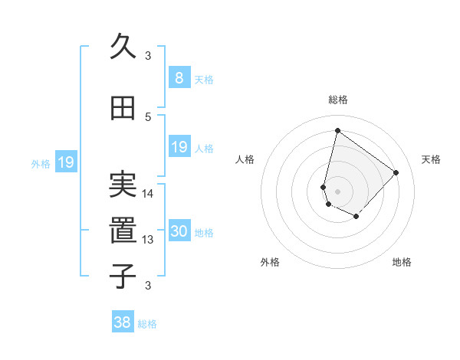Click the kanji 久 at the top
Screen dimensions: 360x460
click(x=123, y=47)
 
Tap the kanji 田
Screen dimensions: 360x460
click(x=123, y=109)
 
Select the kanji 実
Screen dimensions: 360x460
click(x=123, y=184)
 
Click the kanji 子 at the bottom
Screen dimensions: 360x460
click(x=123, y=276)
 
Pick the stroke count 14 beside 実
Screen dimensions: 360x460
click(x=148, y=193)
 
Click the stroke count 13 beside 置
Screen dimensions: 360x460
click(x=148, y=240)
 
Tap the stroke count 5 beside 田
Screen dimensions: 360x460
click(x=148, y=116)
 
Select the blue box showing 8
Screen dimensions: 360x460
click(x=179, y=77)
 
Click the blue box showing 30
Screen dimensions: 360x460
click(x=179, y=231)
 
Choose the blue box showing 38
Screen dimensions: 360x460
click(x=123, y=322)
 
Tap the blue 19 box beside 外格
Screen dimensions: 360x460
click(x=66, y=162)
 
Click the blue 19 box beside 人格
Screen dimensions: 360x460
click(x=179, y=147)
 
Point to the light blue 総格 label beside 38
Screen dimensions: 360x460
click(x=147, y=324)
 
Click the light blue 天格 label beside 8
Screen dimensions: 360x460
click(x=204, y=79)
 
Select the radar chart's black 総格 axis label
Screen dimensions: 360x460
click(x=338, y=100)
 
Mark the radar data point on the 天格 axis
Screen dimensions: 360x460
click(x=396, y=172)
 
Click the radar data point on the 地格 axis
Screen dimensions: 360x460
click(x=356, y=217)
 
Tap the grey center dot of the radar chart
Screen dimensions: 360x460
click(x=338, y=191)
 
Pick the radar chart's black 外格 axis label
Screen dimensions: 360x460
click(x=270, y=263)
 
